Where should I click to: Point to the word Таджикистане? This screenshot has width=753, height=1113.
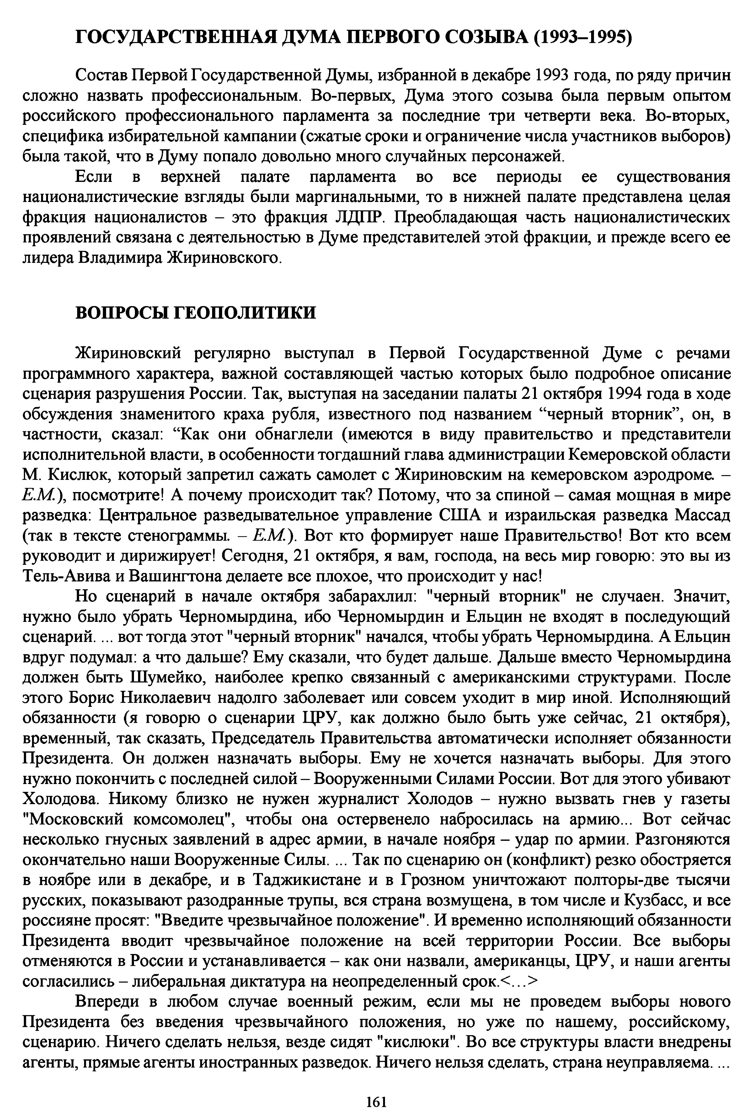point(307,880)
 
